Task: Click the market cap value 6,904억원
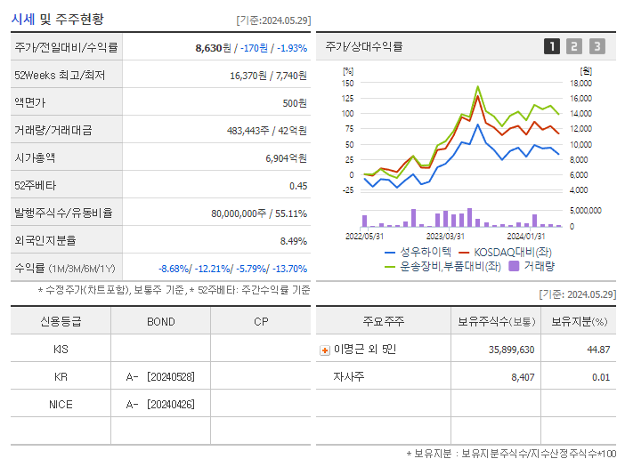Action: tap(286, 158)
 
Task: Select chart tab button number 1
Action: tap(552, 46)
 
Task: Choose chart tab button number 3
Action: tap(597, 46)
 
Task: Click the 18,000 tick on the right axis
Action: tap(580, 83)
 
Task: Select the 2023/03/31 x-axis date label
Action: tap(445, 236)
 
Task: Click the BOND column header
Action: tap(160, 321)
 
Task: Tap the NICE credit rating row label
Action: tap(61, 404)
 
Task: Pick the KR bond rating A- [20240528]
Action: tap(160, 377)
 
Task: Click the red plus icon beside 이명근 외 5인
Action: tap(325, 350)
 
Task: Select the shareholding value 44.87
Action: tap(598, 350)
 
